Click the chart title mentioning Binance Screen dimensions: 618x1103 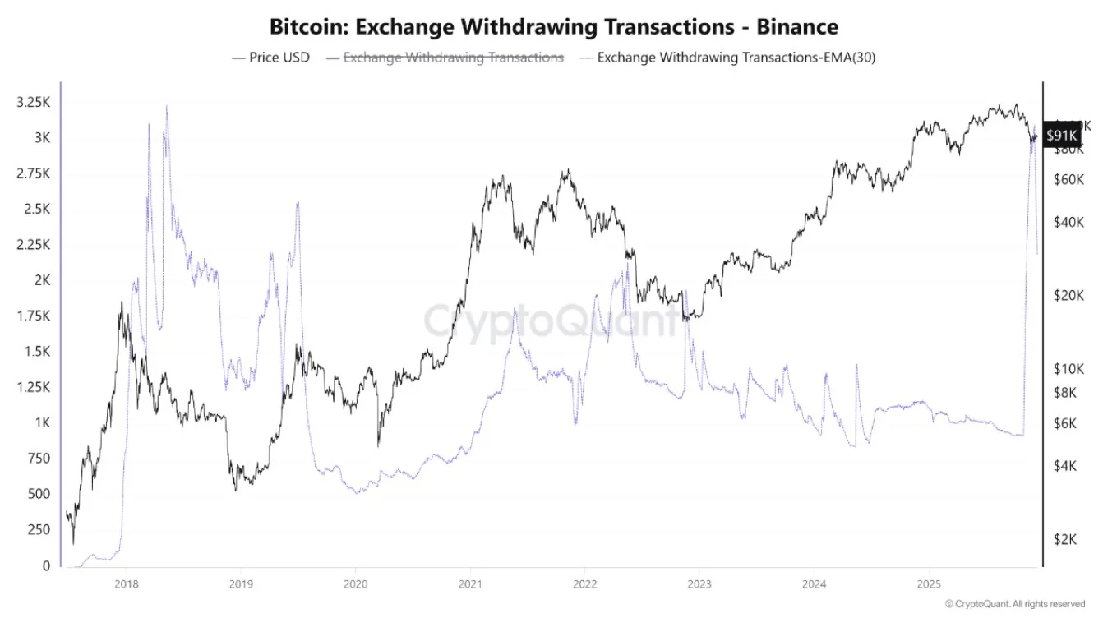[554, 26]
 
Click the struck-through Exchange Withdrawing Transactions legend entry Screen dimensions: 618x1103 [453, 58]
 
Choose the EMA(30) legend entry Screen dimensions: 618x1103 [727, 58]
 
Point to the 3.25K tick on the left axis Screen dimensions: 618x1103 [33, 102]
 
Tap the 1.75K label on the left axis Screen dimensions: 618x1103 [33, 316]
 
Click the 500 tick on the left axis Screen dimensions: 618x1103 [38, 494]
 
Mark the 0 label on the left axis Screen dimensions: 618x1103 [46, 565]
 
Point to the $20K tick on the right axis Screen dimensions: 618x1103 [1069, 295]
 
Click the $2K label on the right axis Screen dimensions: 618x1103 [1066, 539]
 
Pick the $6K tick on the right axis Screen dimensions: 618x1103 [1066, 423]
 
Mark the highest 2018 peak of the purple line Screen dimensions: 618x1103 [167, 106]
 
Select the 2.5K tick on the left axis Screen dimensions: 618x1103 [35, 209]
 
